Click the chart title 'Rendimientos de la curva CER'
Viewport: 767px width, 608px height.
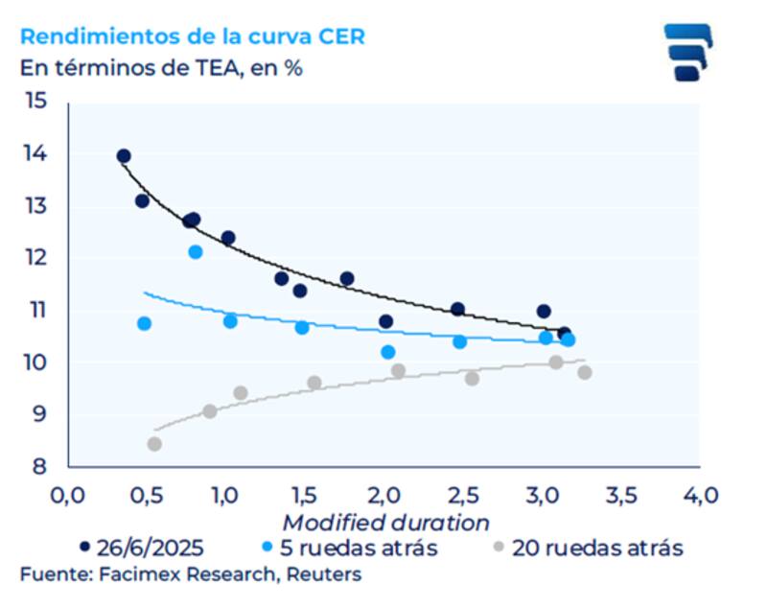(x=192, y=36)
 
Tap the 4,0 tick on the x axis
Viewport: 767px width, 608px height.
(x=699, y=496)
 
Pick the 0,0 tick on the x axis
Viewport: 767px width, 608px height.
(x=67, y=496)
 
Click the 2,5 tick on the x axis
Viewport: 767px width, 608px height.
(x=462, y=496)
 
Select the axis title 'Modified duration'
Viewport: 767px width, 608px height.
(x=385, y=523)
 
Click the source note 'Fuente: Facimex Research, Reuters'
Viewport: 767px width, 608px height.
(x=191, y=574)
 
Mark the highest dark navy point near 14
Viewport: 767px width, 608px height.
(x=124, y=156)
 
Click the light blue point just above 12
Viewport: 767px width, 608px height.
(x=196, y=251)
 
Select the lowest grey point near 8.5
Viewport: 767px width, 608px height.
(x=154, y=444)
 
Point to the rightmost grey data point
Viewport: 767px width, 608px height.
(x=585, y=372)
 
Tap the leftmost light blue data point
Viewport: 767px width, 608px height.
(x=145, y=323)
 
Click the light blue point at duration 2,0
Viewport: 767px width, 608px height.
(x=388, y=352)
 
